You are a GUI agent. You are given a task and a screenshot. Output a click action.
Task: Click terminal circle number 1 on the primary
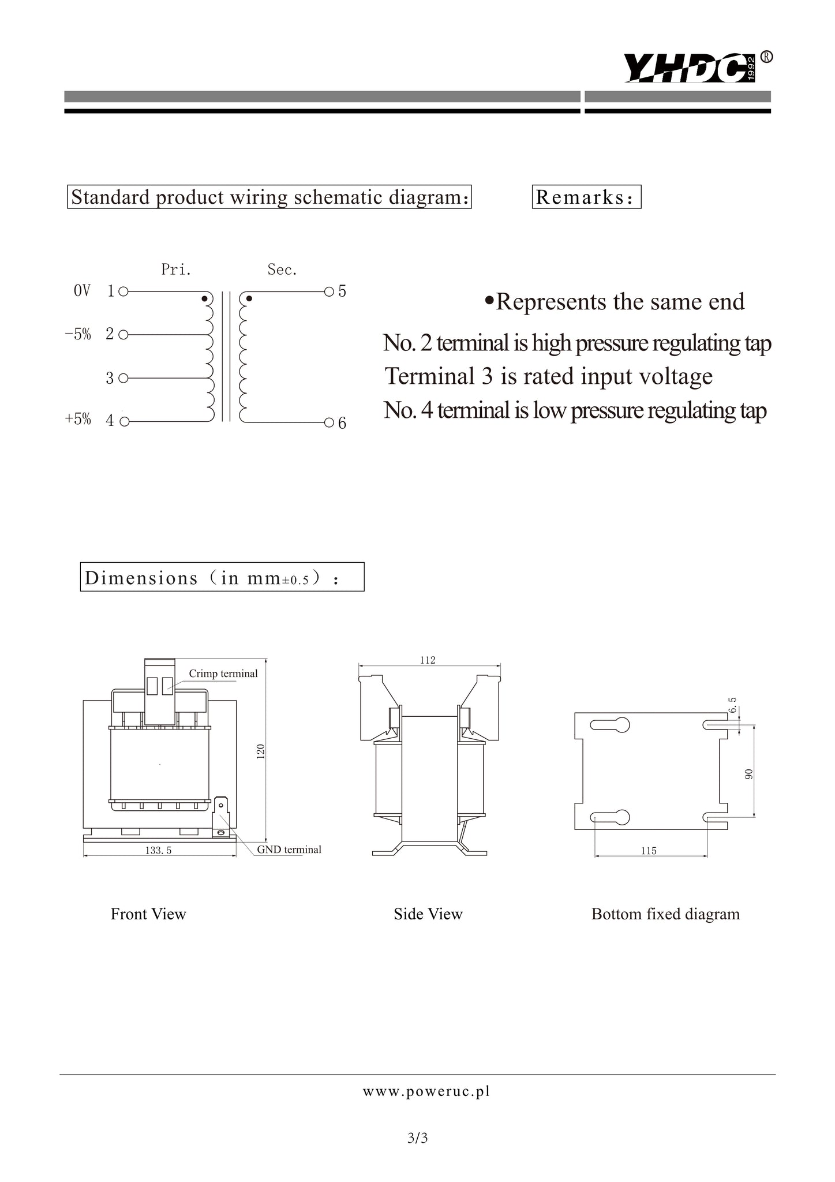coord(123,291)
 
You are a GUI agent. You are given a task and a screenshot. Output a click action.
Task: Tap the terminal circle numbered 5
coord(329,291)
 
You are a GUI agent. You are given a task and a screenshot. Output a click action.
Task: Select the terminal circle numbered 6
coord(329,423)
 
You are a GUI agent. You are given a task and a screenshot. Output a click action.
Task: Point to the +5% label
coord(78,419)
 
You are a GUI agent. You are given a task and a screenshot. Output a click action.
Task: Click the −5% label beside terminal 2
coord(78,334)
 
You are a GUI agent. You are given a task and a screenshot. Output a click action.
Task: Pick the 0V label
coord(82,291)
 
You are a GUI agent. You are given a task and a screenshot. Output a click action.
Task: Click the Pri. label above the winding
coord(176,270)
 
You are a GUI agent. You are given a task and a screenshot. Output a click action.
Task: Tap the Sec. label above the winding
coord(282,270)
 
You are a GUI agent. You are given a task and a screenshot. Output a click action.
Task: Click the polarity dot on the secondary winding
coord(249,299)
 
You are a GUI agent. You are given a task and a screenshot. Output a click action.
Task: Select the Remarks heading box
coord(586,197)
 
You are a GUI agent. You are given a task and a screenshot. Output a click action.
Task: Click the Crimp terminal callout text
coord(223,674)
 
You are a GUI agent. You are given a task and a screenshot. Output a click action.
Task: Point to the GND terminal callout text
coord(289,850)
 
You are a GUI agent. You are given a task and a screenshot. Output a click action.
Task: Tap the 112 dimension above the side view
coord(428,660)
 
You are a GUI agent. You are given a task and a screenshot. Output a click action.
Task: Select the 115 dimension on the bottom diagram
coord(649,851)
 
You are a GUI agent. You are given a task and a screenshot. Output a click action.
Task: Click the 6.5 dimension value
coord(732,706)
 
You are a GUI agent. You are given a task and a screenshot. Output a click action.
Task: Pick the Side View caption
coord(428,914)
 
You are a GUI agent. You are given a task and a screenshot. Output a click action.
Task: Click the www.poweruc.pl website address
coord(426,1091)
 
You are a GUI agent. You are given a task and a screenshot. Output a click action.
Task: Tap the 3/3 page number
coord(417,1138)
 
